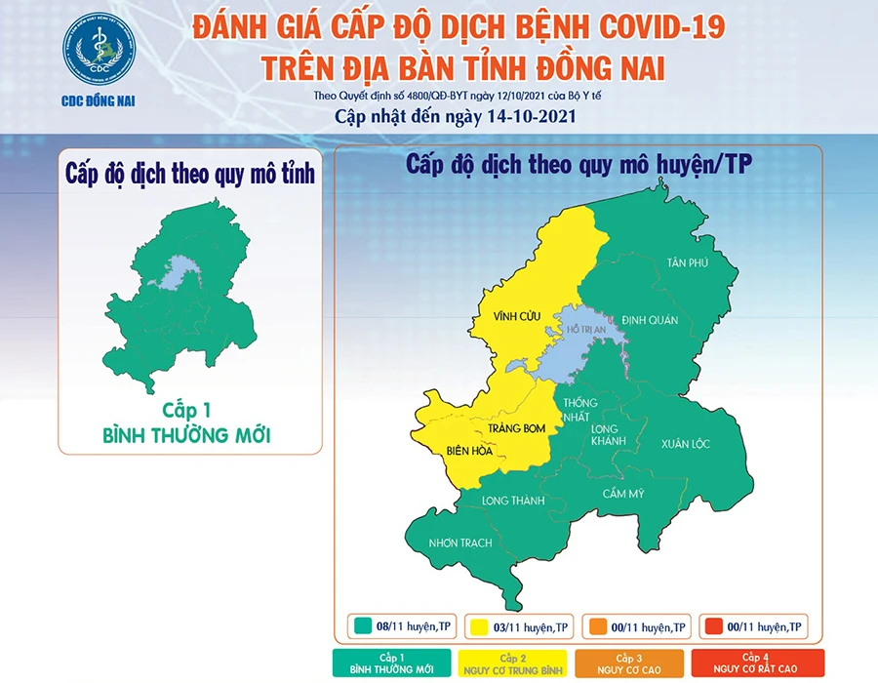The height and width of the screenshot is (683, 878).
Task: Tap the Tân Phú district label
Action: click(x=687, y=263)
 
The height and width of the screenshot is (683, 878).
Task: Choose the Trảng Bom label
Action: click(x=509, y=425)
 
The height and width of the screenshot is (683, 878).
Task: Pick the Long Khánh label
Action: click(x=611, y=435)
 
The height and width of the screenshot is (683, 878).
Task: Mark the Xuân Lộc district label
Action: click(x=685, y=444)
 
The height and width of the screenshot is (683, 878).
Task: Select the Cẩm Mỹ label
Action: click(x=623, y=493)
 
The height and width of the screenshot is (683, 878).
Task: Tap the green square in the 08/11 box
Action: click(x=361, y=625)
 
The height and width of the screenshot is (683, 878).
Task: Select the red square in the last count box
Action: click(x=715, y=625)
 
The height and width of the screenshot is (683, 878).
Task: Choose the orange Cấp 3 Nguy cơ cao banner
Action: click(x=631, y=663)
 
